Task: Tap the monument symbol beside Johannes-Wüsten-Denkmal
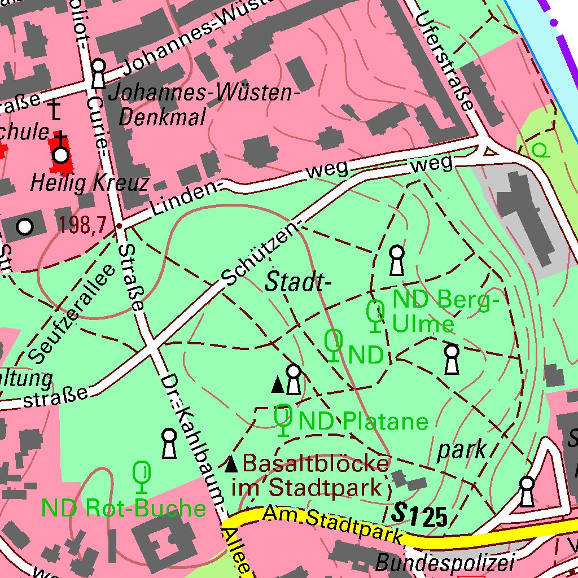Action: click(98, 73)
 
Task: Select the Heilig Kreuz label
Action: click(90, 183)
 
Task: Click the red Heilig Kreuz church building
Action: click(61, 154)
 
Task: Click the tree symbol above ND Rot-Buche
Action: click(142, 476)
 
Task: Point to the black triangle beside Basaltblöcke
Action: click(231, 465)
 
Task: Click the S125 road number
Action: click(420, 515)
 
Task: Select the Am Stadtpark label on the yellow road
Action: click(333, 524)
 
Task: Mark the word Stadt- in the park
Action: click(297, 282)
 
